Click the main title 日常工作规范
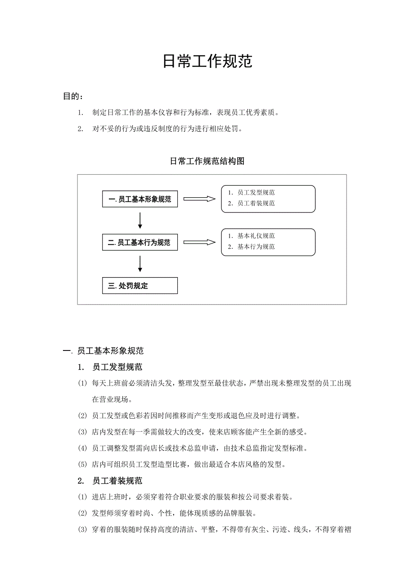pos(207,62)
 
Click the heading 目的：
pos(73,96)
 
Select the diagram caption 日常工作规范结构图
pos(207,161)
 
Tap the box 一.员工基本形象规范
pos(140,199)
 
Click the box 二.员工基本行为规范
pos(140,243)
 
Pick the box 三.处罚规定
pos(140,286)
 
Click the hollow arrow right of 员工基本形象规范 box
pos(199,199)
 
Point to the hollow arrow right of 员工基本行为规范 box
pos(199,243)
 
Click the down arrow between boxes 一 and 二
pos(140,220)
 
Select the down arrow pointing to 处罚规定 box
pos(140,264)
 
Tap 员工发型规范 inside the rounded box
pos(256,192)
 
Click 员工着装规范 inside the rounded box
pos(256,203)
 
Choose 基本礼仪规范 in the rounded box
pos(256,236)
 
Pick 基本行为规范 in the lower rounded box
pos(256,247)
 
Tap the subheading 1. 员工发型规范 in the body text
pos(110,367)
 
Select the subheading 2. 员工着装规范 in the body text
pos(110,481)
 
